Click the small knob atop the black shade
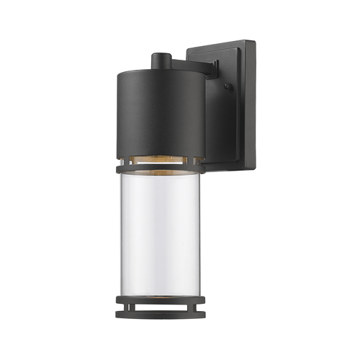[x=160, y=58]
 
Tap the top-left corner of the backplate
[x=189, y=49]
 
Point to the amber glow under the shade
[x=160, y=158]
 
